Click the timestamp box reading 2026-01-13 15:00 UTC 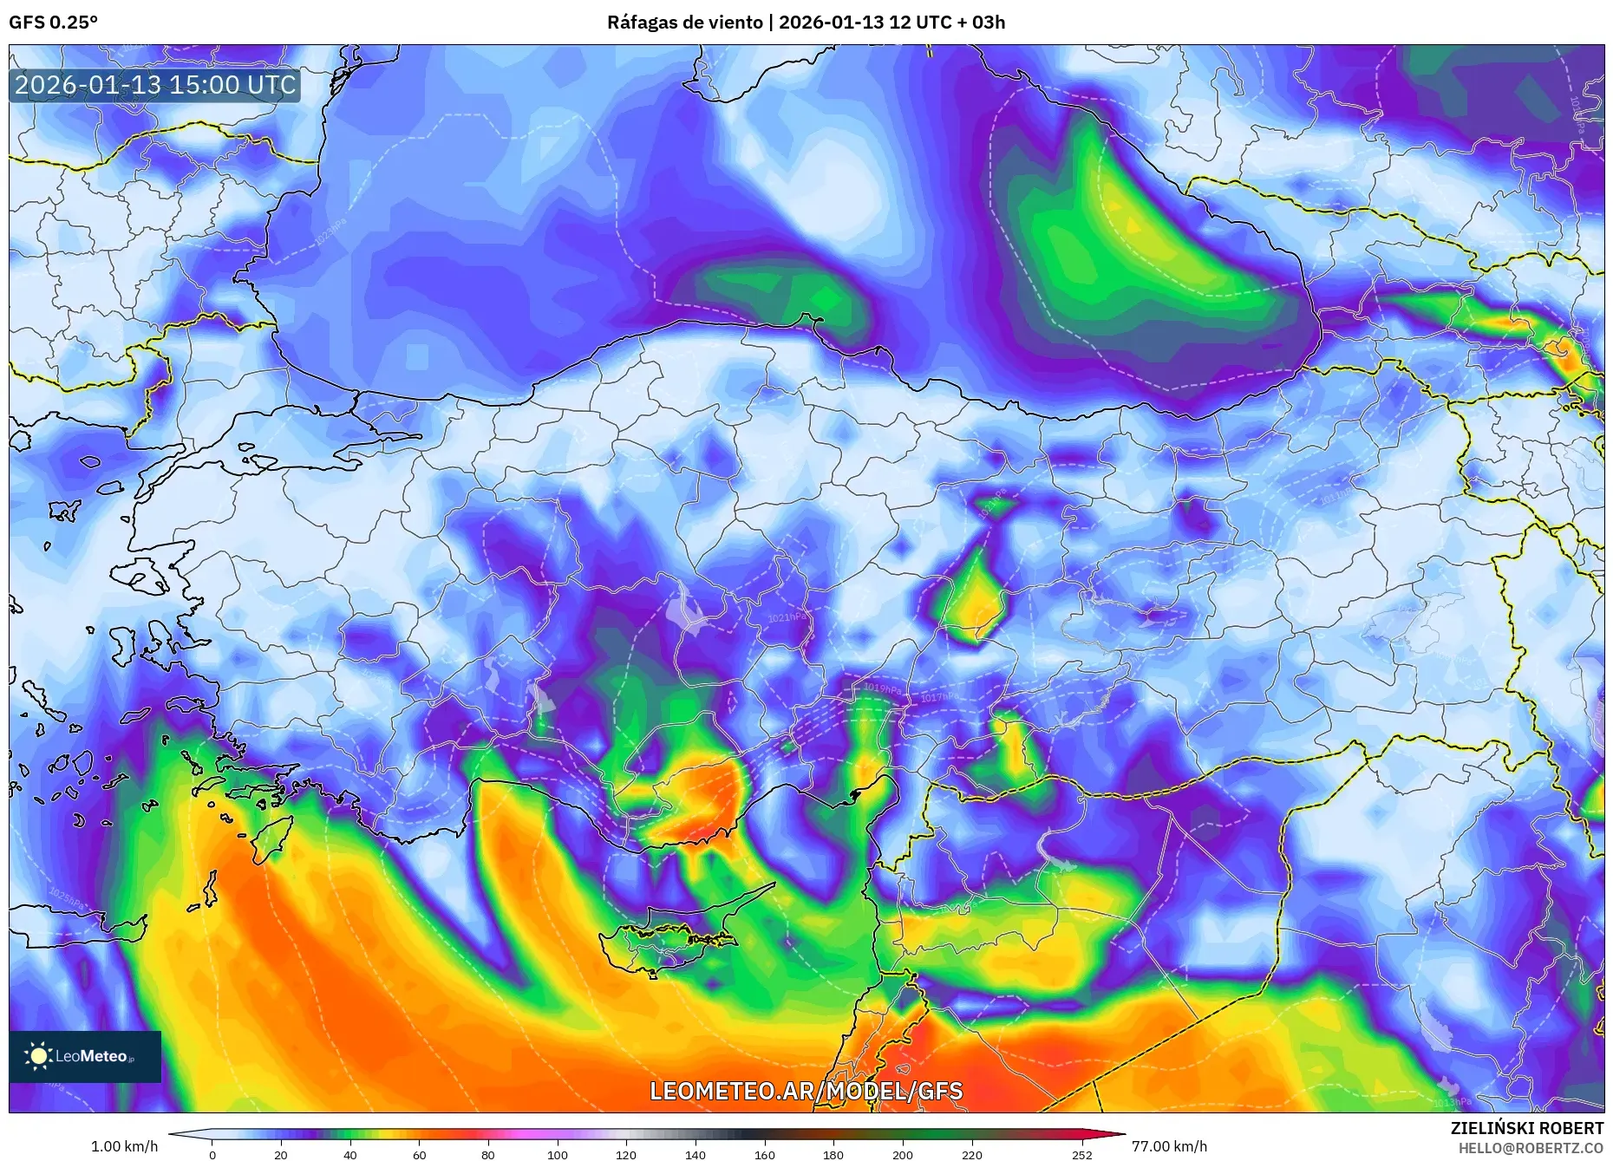(x=155, y=85)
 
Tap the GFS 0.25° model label (x=54, y=22)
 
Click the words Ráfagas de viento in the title (x=684, y=22)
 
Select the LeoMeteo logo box (x=85, y=1056)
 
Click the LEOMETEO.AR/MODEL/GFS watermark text (x=806, y=1091)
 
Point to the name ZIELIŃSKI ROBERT (x=1526, y=1128)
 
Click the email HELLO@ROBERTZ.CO (x=1530, y=1148)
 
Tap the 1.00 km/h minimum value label (x=124, y=1146)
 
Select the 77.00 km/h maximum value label (x=1169, y=1146)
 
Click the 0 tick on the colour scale (x=212, y=1154)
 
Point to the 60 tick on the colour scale (x=420, y=1154)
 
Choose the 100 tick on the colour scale (x=558, y=1154)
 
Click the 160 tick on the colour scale (x=764, y=1154)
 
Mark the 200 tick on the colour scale (x=902, y=1154)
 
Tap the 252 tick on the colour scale (x=1081, y=1154)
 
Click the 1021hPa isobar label (x=786, y=617)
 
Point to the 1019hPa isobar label (x=882, y=688)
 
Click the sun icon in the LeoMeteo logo (x=39, y=1056)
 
